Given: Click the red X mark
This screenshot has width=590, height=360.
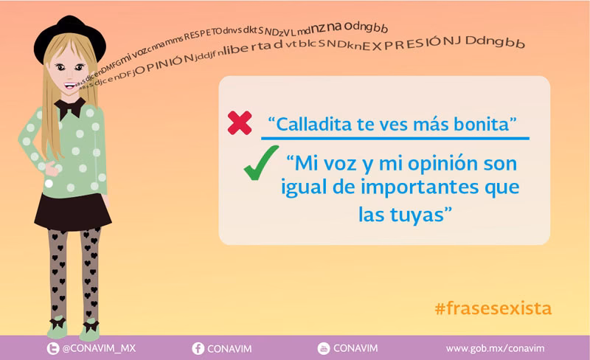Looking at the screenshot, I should pos(240,122).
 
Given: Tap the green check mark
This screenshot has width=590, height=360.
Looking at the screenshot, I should pos(260,162).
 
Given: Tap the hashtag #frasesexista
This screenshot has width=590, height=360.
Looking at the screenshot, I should pos(493,308).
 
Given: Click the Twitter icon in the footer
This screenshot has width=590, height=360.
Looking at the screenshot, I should pos(52,348).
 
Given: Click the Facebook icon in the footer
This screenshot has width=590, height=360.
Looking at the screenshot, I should pos(198,348).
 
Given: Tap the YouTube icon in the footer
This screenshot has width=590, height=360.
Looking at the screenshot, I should pos(323,348).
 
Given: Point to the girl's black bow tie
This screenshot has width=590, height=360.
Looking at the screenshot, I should pos(72,108).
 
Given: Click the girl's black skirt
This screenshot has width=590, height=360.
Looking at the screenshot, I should pos(72,210).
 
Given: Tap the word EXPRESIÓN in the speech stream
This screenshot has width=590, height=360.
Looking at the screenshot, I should pos(412,45).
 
